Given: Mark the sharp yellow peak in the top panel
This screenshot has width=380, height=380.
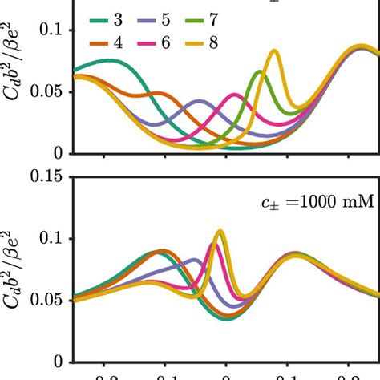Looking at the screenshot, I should (275, 51).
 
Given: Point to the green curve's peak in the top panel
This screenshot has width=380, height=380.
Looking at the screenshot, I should (259, 72).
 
